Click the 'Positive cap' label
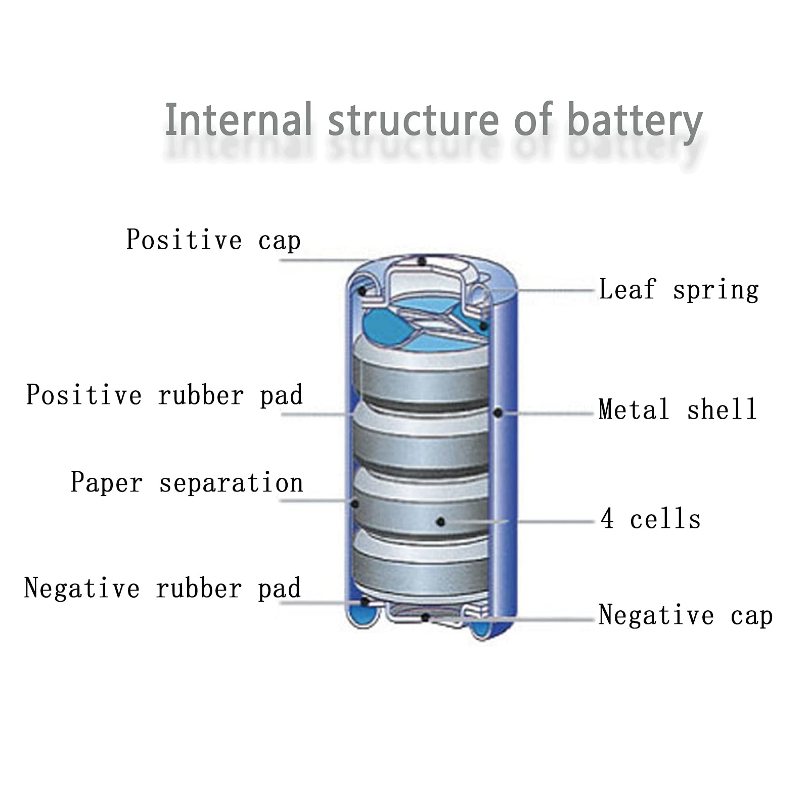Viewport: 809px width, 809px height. coord(213,240)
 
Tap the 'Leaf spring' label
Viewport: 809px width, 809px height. coord(679,290)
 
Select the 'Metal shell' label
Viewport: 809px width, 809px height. coord(678,409)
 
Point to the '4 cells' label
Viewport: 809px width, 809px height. coord(651,519)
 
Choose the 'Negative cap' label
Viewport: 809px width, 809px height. coord(686,615)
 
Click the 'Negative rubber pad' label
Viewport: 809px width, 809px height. coord(162,588)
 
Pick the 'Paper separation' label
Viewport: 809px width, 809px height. coord(187,482)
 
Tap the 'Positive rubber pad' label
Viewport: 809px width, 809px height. coord(164,395)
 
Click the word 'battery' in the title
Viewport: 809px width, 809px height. coord(635,121)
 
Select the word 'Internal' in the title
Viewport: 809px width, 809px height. coord(238,119)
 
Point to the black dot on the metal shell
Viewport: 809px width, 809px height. coord(498,413)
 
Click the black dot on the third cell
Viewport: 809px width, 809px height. coord(440,521)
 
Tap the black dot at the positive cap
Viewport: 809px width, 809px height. coord(422,261)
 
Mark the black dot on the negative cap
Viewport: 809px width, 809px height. coord(425,617)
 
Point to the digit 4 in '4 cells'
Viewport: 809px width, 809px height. coord(607,518)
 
